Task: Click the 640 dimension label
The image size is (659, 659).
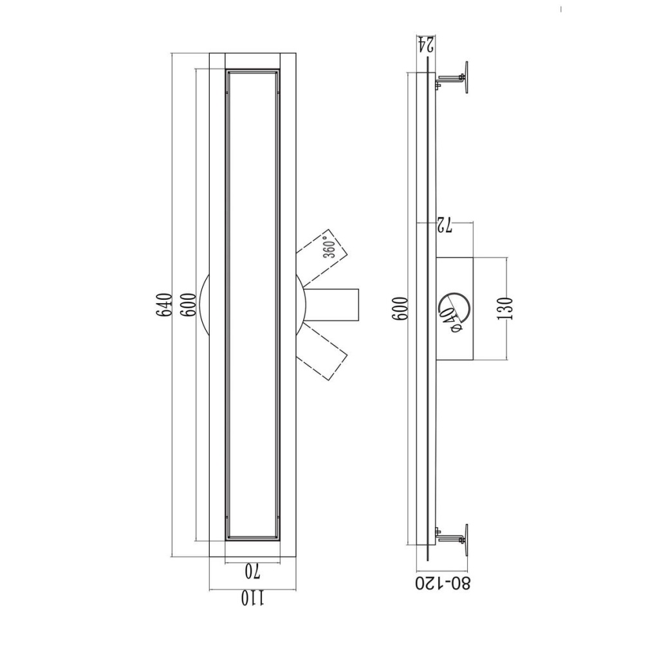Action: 164,305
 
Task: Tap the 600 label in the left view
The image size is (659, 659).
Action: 189,305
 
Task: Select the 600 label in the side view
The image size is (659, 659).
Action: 400,309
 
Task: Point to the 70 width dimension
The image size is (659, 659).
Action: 252,571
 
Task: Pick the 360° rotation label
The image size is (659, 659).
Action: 330,248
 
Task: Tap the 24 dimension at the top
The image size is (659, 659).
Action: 425,45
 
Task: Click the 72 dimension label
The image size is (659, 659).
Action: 444,226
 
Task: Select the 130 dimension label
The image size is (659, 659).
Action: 505,308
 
